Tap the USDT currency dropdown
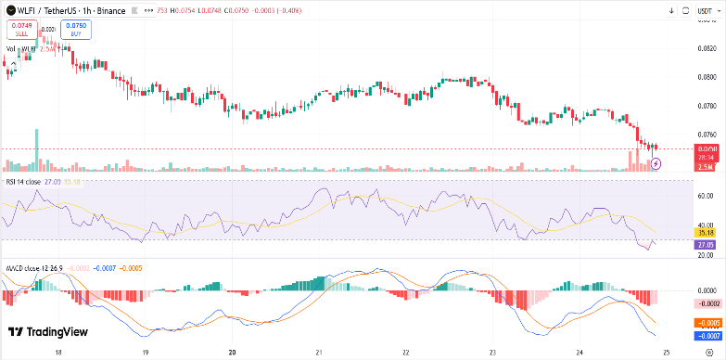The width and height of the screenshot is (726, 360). point(706,10)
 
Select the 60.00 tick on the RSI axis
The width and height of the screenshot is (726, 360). point(706,196)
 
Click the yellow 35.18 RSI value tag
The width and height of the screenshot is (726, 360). point(706,233)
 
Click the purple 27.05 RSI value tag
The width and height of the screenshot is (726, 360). point(706,245)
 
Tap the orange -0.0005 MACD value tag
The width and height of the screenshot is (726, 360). point(706,322)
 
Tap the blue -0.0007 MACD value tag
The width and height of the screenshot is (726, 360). point(706,334)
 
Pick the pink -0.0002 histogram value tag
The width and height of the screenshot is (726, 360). point(706,303)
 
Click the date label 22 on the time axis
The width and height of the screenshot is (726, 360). point(406,353)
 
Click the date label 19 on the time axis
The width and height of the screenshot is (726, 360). point(146,353)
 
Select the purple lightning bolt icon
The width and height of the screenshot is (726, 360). point(656,163)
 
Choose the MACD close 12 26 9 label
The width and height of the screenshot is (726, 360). point(34,268)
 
